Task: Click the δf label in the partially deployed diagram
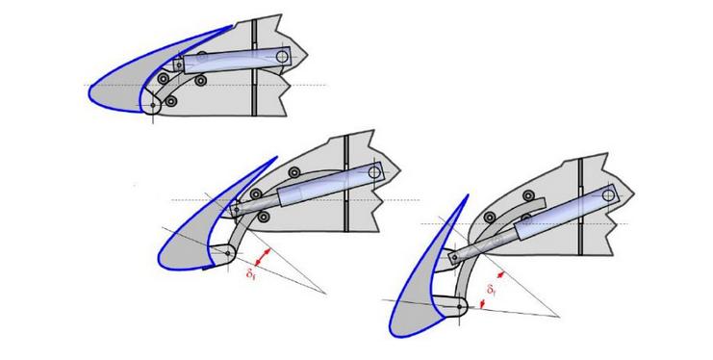250,273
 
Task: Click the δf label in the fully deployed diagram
491,289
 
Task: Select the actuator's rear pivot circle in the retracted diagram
282,57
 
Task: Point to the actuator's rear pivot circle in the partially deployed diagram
374,172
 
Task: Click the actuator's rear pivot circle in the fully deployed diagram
608,195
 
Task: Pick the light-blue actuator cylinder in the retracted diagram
237,60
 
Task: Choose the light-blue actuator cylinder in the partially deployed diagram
331,184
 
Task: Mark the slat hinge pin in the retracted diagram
153,105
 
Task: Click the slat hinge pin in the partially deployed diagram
228,253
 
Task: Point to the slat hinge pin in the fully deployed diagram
459,306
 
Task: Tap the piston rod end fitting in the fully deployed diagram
453,258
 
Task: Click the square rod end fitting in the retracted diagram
179,65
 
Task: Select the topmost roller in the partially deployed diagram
294,172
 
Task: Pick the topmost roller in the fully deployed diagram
528,195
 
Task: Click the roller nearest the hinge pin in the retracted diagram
170,101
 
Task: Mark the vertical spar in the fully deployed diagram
580,206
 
